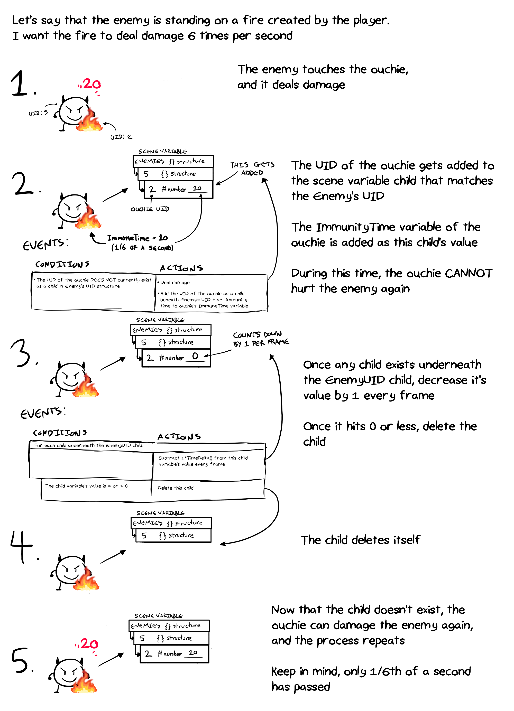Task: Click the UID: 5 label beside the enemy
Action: coord(38,113)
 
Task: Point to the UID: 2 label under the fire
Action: coord(121,137)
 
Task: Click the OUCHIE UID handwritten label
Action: coord(150,209)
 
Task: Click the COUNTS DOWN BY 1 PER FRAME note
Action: coord(260,339)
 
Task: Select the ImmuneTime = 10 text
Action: coord(137,238)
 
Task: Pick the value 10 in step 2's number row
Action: coord(197,188)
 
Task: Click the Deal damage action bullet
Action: coord(175,283)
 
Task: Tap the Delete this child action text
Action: coord(176,488)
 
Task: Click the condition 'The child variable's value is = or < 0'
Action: coord(86,486)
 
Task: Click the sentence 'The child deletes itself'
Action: coord(360,540)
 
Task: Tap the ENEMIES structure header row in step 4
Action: coord(171,523)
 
